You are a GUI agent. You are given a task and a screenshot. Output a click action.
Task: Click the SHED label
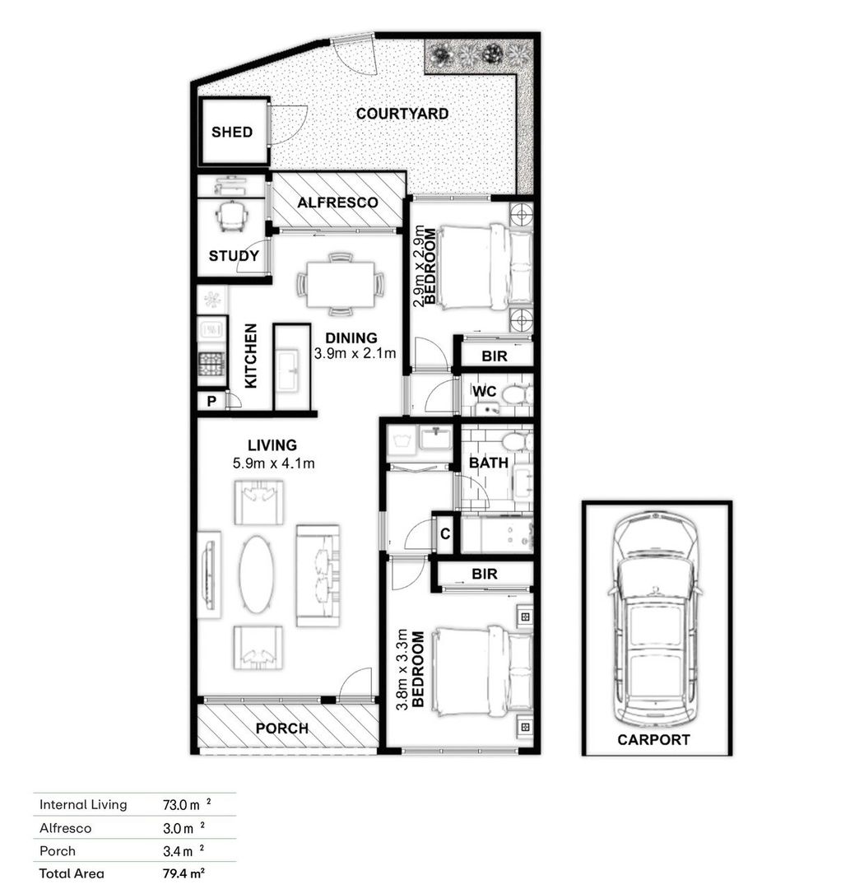232,132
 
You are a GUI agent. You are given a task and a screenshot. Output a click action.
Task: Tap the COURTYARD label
402,114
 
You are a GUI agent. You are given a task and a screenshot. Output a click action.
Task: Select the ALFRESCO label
338,202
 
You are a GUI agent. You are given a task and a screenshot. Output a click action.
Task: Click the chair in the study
232,216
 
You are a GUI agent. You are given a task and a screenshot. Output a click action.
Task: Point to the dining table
340,284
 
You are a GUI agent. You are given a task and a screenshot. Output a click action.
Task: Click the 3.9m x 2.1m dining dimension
355,354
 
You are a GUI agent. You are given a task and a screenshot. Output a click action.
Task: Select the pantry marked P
211,402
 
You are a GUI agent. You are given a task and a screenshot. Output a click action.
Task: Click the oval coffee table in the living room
256,574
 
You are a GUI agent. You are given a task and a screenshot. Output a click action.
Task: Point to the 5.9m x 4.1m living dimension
273,463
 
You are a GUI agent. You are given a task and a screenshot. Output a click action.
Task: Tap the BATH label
488,463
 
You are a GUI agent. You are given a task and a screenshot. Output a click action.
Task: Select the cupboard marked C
445,533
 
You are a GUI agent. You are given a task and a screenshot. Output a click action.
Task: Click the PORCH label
281,728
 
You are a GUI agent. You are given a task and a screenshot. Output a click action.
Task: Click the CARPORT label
653,740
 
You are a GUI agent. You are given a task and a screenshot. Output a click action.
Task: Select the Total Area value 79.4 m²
183,873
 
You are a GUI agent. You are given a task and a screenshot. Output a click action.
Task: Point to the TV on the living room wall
210,575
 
